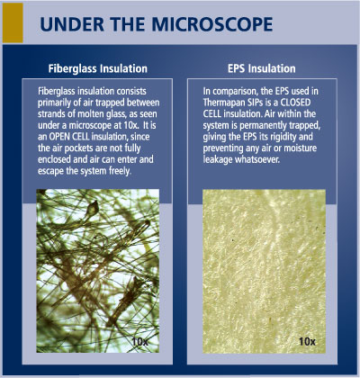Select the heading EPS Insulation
pyautogui.click(x=265, y=67)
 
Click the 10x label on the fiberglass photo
pyautogui.click(x=139, y=341)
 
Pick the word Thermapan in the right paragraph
pyautogui.click(x=229, y=103)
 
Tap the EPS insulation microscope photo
pyautogui.click(x=265, y=270)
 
